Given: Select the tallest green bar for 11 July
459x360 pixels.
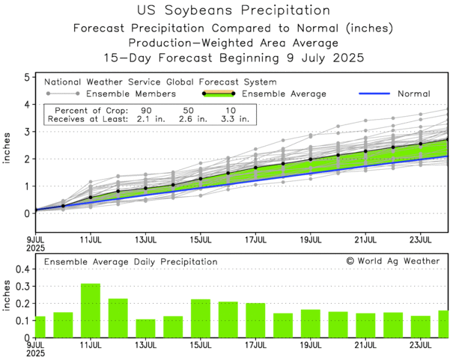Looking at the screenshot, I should [x=91, y=311].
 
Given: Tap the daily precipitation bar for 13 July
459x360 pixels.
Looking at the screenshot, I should [x=145, y=329].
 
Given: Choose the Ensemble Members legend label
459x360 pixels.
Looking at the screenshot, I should [x=131, y=94].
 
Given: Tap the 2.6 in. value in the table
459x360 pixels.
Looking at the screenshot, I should [x=191, y=118].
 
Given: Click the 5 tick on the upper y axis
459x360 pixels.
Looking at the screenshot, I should [x=26, y=77].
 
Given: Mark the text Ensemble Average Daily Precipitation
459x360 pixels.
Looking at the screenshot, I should [x=130, y=262].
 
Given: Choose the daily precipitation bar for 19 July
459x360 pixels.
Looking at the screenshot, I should [x=311, y=323].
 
